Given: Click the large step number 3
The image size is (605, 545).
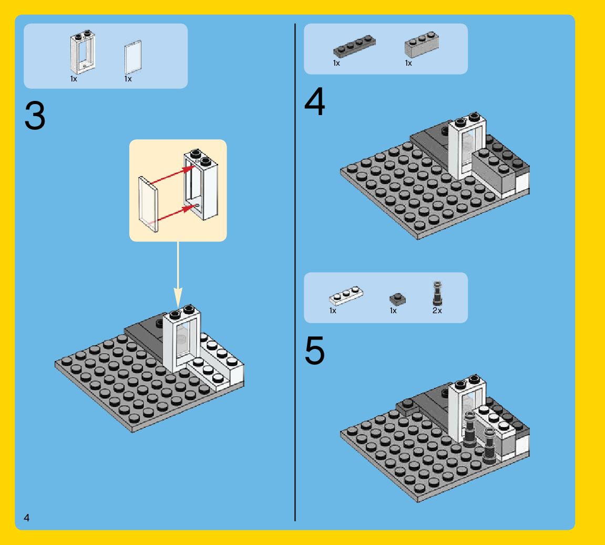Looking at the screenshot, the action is pos(35,117).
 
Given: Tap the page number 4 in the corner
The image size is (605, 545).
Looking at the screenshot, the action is pos(26,518).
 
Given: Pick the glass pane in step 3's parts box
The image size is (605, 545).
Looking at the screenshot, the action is pos(132,58).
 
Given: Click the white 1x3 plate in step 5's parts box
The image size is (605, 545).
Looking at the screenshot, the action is pos(346,296).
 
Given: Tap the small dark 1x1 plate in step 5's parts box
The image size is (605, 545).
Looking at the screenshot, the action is pos(397,299).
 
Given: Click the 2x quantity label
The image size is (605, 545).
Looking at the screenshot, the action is pos(437,311).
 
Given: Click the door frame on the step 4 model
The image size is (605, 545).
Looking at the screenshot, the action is pos(467,147).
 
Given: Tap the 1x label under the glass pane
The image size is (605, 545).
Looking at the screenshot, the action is pos(128,79).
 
